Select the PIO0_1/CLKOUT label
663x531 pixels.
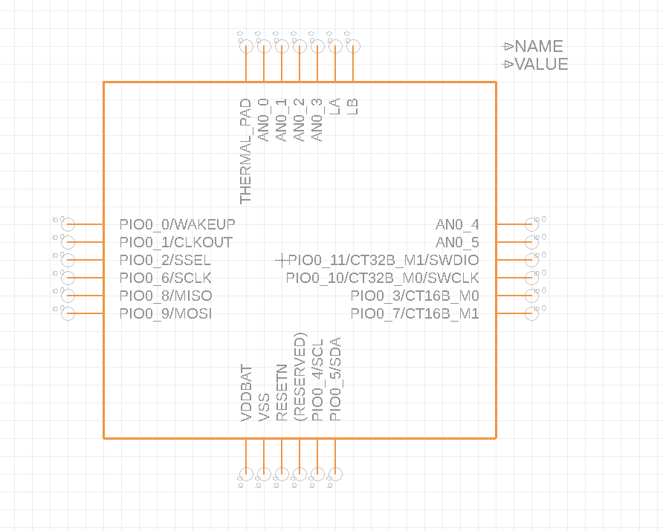click(175, 242)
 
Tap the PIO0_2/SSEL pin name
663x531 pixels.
click(165, 260)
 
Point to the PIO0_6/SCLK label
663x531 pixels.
click(166, 278)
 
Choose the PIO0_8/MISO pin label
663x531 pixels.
click(166, 296)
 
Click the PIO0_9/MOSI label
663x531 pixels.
click(166, 313)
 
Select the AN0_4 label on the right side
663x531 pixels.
click(457, 224)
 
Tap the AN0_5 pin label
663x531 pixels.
click(457, 242)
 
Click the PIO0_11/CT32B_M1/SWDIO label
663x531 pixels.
click(384, 260)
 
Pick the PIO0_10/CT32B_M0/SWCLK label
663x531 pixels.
click(382, 278)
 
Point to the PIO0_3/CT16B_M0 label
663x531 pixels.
click(415, 296)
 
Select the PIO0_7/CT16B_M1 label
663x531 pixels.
click(415, 313)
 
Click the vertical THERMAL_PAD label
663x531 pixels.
click(246, 151)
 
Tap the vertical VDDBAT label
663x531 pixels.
click(246, 394)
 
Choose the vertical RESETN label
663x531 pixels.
click(282, 392)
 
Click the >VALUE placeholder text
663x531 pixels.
click(536, 64)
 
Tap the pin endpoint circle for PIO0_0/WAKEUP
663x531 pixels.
click(68, 224)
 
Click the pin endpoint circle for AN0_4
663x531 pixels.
click(531, 224)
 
